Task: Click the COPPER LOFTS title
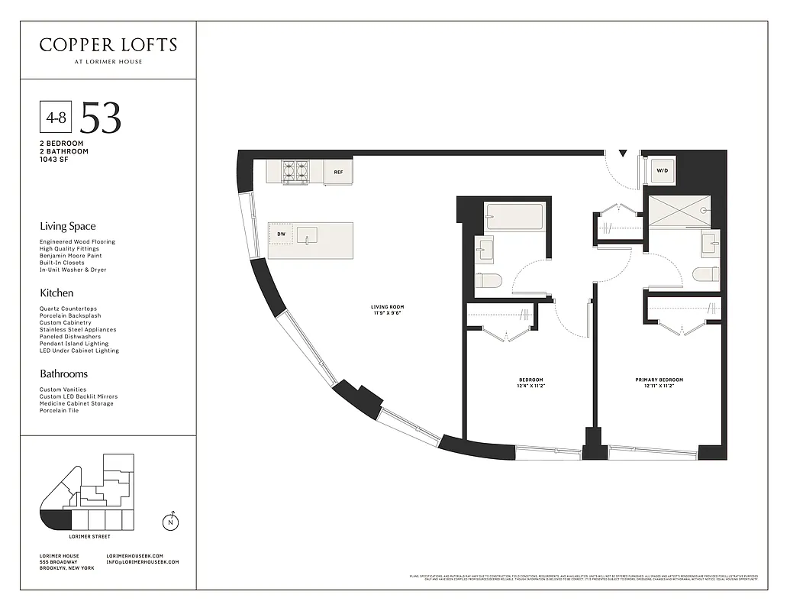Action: pos(108,45)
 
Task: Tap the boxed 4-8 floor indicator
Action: pos(55,118)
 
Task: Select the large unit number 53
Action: pos(101,118)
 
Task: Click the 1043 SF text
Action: pos(54,159)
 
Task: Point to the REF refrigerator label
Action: pos(338,173)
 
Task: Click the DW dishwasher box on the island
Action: pos(281,234)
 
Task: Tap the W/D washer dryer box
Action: pos(660,171)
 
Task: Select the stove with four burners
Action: pos(295,171)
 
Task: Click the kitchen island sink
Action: pos(308,234)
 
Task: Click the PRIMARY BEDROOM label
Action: pos(659,380)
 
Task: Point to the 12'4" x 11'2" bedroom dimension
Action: pos(530,386)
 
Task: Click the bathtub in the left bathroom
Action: pos(514,217)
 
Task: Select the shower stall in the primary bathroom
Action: pos(679,210)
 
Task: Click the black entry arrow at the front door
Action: pos(624,154)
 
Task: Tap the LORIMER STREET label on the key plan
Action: pos(90,536)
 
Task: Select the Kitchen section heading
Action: pos(56,293)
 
